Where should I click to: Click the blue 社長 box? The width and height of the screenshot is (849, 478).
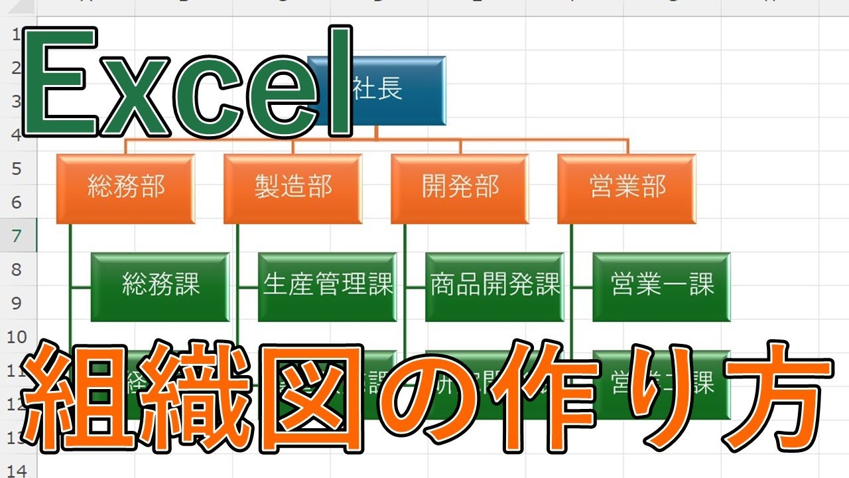click(x=398, y=91)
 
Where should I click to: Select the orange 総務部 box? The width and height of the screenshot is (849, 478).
click(x=126, y=189)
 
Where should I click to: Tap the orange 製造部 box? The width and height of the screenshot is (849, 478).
click(x=293, y=189)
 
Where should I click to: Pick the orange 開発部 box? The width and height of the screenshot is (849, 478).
click(x=460, y=189)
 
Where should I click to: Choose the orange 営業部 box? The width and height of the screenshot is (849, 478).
click(x=627, y=189)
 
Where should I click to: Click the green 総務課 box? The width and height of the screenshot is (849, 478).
click(x=161, y=286)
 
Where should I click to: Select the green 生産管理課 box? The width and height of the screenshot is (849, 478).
click(x=328, y=286)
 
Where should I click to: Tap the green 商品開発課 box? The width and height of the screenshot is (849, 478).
click(x=495, y=286)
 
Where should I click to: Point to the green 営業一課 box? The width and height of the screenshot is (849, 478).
click(x=662, y=286)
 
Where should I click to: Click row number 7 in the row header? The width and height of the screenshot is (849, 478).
click(x=18, y=236)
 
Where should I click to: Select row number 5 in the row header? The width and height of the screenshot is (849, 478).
click(x=18, y=169)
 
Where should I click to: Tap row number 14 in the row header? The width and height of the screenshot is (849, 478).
click(x=18, y=471)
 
